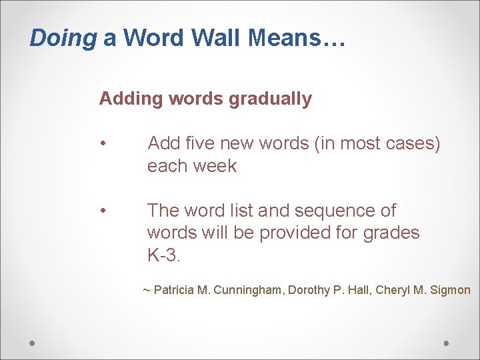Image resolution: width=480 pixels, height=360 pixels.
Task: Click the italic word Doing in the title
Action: click(x=63, y=38)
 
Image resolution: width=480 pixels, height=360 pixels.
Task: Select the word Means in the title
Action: click(x=285, y=38)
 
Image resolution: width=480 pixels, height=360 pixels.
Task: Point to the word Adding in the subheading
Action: click(x=131, y=99)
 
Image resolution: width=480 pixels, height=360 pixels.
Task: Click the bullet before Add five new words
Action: click(x=103, y=144)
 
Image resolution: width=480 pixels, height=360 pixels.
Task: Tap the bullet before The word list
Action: click(x=103, y=211)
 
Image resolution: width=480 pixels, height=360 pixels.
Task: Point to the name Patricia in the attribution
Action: click(x=175, y=290)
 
